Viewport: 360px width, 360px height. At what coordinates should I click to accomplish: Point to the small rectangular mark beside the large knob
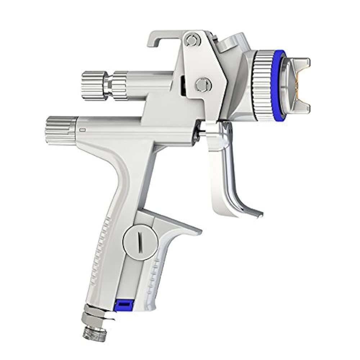(x=82, y=129)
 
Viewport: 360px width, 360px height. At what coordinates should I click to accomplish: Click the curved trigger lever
(x=230, y=173)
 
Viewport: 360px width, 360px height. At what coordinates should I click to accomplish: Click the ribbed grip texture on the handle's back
(x=103, y=252)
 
